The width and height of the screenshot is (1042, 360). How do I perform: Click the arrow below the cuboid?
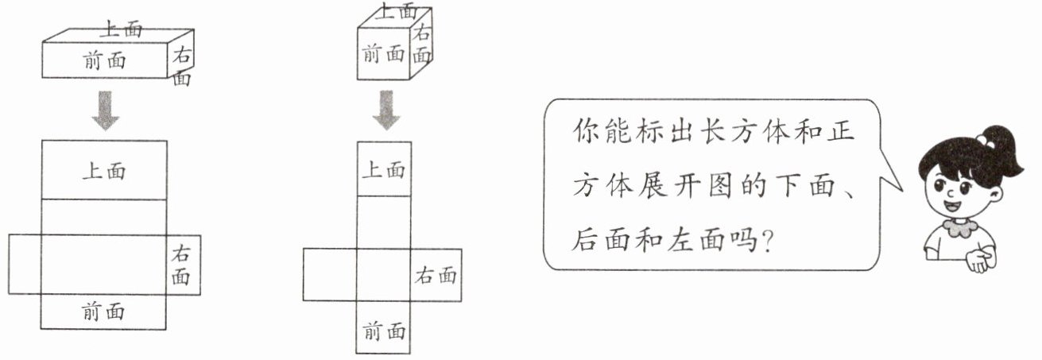(x=106, y=110)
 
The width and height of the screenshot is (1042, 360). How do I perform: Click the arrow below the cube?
(x=386, y=110)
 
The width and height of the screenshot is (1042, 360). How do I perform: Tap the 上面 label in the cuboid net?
(x=104, y=171)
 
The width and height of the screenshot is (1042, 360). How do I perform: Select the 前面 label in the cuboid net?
(x=103, y=312)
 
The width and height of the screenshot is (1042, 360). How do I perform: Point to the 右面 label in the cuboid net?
(x=181, y=265)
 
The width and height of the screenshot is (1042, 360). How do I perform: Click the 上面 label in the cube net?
(x=384, y=170)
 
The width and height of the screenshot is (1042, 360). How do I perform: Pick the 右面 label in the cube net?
(x=436, y=275)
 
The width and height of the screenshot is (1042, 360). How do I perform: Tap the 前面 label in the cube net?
(x=384, y=331)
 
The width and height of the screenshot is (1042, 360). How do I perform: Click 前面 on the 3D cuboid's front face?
(x=105, y=60)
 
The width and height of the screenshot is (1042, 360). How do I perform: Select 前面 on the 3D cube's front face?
(x=383, y=53)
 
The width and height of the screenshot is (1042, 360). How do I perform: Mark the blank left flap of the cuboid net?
(x=25, y=264)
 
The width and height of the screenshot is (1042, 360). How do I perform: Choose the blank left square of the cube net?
(x=330, y=274)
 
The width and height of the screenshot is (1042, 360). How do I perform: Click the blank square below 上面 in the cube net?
(x=384, y=222)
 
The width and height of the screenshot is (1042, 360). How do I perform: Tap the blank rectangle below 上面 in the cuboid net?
(x=104, y=217)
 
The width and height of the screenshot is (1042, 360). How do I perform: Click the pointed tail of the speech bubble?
(x=901, y=190)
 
